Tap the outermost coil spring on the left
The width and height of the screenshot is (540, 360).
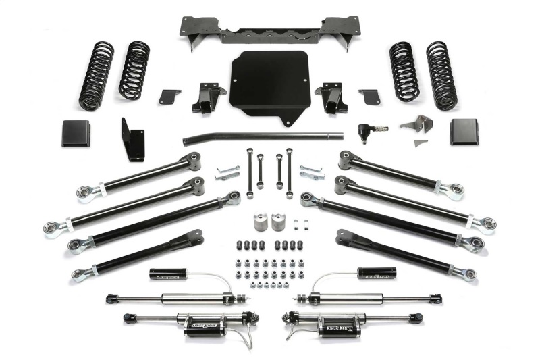(96, 76)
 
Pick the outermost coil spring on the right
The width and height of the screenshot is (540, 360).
(442, 76)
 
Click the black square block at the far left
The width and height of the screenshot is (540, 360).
(76, 133)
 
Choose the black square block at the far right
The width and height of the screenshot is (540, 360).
(464, 132)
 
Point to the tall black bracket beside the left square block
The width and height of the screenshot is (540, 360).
(133, 140)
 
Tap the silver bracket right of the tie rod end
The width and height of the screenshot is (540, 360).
(417, 126)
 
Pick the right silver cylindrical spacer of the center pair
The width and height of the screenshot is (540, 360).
(277, 222)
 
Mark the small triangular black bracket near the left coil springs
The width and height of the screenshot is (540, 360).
(170, 96)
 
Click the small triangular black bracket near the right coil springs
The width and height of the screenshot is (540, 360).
(369, 96)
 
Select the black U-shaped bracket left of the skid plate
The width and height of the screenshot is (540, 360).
(207, 98)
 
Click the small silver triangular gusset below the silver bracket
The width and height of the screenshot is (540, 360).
(420, 143)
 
